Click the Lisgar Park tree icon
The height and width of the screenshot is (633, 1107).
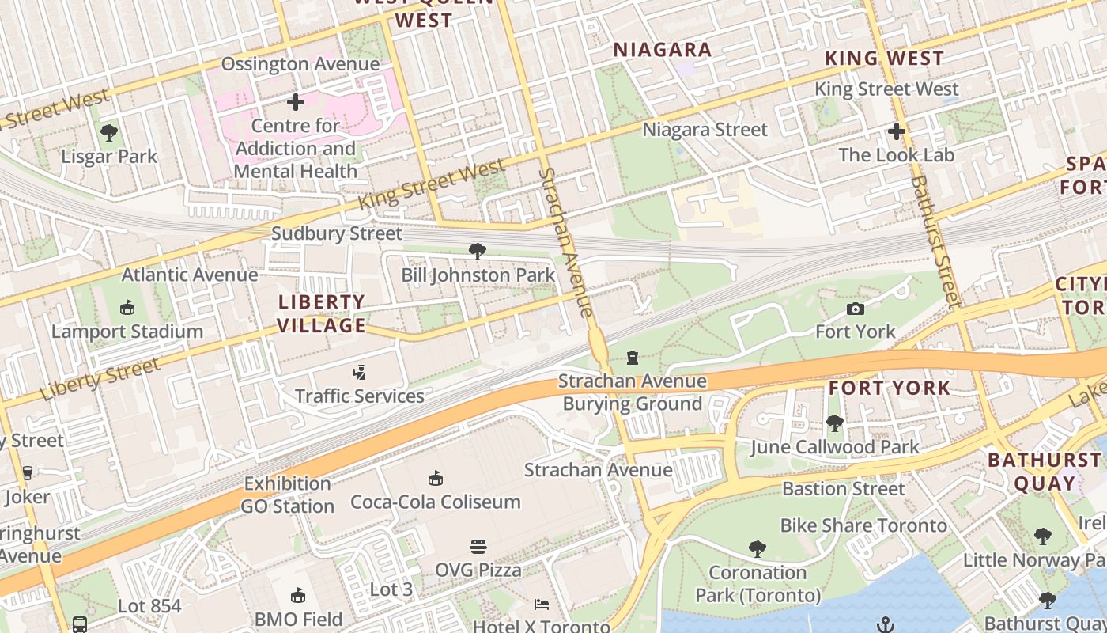pos(109,133)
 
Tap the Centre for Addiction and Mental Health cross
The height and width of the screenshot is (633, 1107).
pos(296,102)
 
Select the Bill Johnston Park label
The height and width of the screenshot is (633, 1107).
pos(478,275)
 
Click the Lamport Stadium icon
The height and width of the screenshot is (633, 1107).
pos(127,307)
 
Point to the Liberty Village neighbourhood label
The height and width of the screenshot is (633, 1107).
pos(322,313)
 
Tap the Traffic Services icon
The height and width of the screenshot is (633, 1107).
pos(360,372)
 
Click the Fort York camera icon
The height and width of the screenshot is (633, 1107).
pos(855,309)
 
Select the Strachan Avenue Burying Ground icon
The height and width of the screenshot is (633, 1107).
pos(632,358)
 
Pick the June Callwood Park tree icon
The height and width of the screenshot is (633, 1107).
pos(834,423)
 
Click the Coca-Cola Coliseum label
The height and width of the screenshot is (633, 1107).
pos(436,502)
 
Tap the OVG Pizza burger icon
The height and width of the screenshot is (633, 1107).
pos(478,547)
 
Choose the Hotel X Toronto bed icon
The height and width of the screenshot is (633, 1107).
pos(542,605)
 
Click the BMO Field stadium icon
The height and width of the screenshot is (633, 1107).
pos(298,596)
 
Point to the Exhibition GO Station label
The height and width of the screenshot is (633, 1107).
pos(288,495)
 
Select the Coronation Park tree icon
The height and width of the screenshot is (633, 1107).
pos(758,548)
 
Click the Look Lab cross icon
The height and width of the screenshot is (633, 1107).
pos(896,131)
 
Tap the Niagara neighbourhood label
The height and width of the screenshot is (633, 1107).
pos(663,50)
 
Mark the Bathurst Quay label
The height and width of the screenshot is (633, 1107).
pos(1044,472)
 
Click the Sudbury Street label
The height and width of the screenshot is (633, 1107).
pos(337,233)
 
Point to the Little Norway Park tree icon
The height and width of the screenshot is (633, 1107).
pos(1043,536)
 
